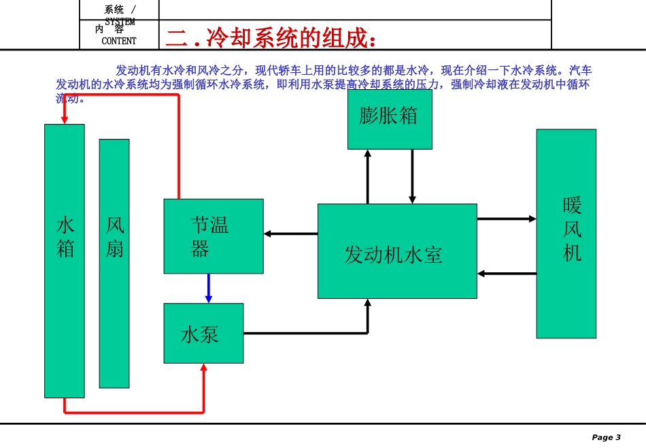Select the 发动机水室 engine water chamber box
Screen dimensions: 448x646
[397, 251]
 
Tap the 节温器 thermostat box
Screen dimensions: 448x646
[214, 236]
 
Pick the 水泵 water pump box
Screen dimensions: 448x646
[203, 333]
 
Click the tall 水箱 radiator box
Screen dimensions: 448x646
[65, 261]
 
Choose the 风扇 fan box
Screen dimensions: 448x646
[114, 263]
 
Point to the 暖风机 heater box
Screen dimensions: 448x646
[566, 234]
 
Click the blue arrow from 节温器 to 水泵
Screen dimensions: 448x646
[209, 288]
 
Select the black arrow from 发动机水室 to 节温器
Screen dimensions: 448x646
[290, 234]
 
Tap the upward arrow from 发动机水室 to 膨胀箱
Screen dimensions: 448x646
[368, 176]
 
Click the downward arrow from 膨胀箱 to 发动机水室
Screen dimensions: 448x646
[411, 176]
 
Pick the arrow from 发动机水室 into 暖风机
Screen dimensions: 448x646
[507, 219]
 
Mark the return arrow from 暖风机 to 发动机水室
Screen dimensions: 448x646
[507, 274]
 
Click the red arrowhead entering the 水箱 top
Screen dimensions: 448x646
[65, 119]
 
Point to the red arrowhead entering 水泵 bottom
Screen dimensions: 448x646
[203, 368]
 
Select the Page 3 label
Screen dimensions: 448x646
[606, 437]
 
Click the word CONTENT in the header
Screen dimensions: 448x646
[119, 41]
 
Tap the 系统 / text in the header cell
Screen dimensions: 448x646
[119, 10]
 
